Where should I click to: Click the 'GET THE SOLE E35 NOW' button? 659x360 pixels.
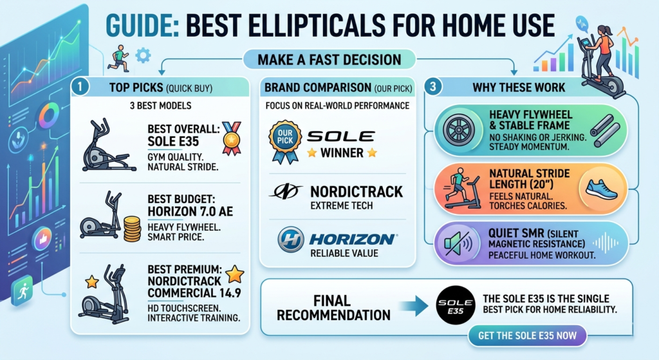(x=527, y=336)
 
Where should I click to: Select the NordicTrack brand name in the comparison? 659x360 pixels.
(x=356, y=191)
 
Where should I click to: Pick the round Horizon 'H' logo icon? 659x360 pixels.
(x=290, y=240)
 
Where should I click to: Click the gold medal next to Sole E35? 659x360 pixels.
(x=230, y=137)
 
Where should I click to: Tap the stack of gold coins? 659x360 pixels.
(x=133, y=228)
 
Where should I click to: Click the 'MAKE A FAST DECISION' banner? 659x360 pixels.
(x=329, y=60)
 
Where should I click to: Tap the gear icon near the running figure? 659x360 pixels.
(x=144, y=55)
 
